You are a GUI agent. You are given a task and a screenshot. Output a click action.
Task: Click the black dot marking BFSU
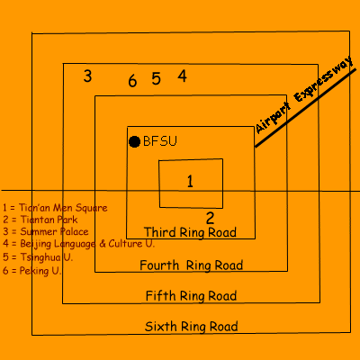coord(134,141)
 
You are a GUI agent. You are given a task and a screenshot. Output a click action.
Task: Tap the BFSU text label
coord(160,141)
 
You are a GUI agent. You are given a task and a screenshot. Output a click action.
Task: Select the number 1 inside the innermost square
coord(190,181)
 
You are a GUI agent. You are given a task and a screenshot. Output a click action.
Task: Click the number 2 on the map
coord(210,218)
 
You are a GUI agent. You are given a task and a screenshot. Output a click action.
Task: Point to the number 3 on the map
coord(87,76)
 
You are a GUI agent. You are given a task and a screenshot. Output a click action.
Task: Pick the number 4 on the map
coord(183,76)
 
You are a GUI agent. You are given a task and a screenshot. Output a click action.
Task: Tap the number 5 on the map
coord(156,79)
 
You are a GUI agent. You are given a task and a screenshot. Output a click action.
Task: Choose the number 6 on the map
coord(132,81)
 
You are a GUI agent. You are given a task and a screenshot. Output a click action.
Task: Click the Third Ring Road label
coord(190,232)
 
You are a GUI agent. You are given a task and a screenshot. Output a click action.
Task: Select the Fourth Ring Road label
coord(192,265)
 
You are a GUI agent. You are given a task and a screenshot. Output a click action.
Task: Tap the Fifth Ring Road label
coord(191,296)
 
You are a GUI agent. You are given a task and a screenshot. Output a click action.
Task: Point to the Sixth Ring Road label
coord(192,327)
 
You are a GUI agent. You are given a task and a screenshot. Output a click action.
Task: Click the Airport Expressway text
coord(304,94)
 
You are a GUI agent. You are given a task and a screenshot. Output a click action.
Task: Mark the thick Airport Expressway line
coord(305,108)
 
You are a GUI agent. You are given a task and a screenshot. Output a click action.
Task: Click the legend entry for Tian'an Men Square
coord(55,208)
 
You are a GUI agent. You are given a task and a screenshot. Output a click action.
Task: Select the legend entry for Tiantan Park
coord(40,220)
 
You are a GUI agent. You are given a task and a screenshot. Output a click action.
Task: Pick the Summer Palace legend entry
coord(46,231)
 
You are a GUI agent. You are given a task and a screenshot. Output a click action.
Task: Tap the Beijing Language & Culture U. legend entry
coord(79,244)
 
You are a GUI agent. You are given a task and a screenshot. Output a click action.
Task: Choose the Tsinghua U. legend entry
coord(38,257)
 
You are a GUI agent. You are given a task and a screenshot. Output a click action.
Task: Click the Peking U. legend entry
coord(32,271)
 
